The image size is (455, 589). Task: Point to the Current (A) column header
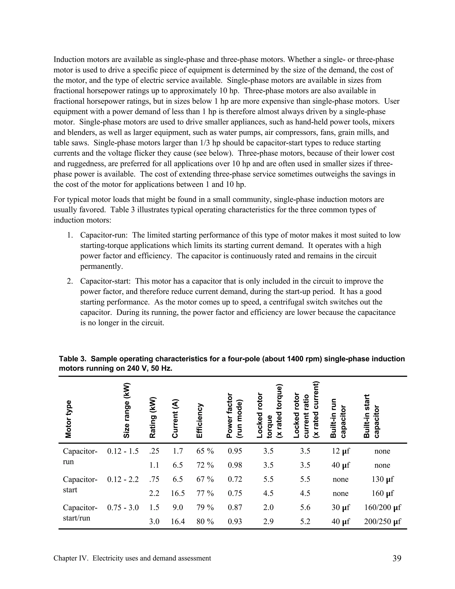(175, 418)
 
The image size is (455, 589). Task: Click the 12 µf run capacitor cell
(340, 451)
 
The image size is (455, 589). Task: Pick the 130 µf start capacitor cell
(382, 479)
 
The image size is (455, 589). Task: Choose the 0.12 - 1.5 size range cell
(123, 451)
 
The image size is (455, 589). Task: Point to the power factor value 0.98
(235, 465)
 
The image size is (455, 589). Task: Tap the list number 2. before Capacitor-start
(70, 281)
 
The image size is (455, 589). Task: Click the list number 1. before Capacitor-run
(70, 235)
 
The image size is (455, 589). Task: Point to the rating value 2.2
(154, 493)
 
